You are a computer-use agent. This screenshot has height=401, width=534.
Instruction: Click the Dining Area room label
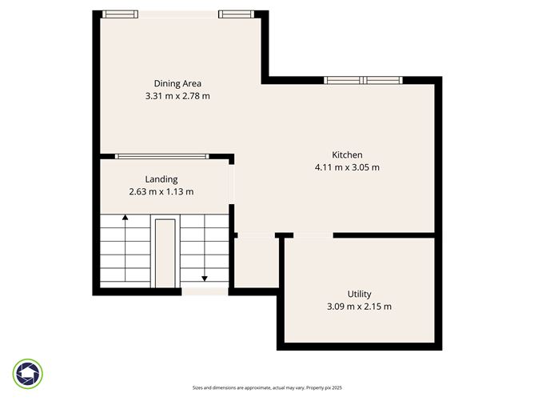tap(177, 83)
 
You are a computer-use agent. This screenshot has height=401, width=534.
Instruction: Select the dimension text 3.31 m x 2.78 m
tap(177, 96)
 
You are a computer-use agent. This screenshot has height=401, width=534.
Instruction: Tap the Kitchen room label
tap(347, 154)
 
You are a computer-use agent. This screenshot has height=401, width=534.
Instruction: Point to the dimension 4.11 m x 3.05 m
tap(347, 167)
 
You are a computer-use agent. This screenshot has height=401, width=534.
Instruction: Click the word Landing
tap(161, 179)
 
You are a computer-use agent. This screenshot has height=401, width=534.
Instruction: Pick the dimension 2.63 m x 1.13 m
tap(161, 191)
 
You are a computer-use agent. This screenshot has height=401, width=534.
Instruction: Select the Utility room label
tap(359, 294)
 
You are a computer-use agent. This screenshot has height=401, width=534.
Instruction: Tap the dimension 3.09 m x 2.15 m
tap(359, 307)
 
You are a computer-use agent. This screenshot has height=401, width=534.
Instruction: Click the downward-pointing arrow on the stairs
tap(205, 278)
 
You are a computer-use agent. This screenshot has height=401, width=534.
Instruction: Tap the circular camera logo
tap(29, 373)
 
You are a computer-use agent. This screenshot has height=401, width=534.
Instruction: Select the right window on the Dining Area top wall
tap(237, 14)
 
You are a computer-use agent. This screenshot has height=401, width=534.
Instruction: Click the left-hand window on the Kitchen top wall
tap(343, 80)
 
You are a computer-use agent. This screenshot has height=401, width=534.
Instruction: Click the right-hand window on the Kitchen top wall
tap(381, 80)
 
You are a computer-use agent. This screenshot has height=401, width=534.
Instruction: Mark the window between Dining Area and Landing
tap(161, 156)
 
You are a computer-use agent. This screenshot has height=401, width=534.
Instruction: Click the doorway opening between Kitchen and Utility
tap(313, 235)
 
